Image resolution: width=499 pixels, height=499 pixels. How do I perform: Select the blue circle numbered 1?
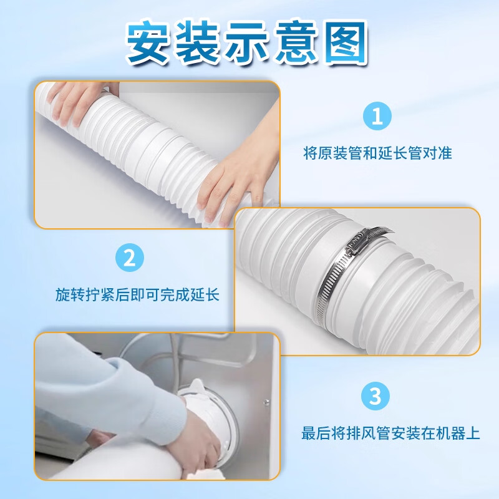[377, 117]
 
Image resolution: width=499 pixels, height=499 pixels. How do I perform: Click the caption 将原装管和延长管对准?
[377, 153]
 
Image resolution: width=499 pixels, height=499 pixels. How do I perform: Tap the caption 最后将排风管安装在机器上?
[391, 432]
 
